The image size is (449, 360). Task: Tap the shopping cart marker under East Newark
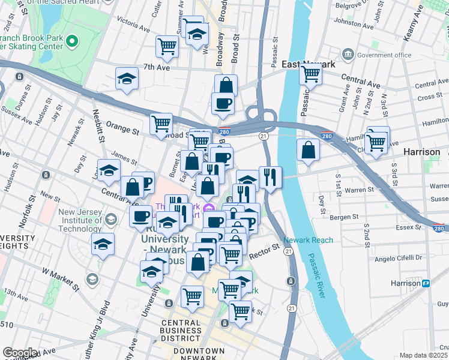pyautogui.click(x=310, y=75)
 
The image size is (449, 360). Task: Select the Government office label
pyautogui.click(x=384, y=55)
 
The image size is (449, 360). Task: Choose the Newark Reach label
pyautogui.click(x=308, y=240)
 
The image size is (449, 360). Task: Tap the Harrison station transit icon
pyautogui.click(x=426, y=283)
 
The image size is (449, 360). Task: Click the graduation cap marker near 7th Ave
pyautogui.click(x=127, y=79)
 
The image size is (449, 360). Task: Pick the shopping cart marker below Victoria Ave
pyautogui.click(x=167, y=46)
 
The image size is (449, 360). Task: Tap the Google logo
pyautogui.click(x=20, y=353)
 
